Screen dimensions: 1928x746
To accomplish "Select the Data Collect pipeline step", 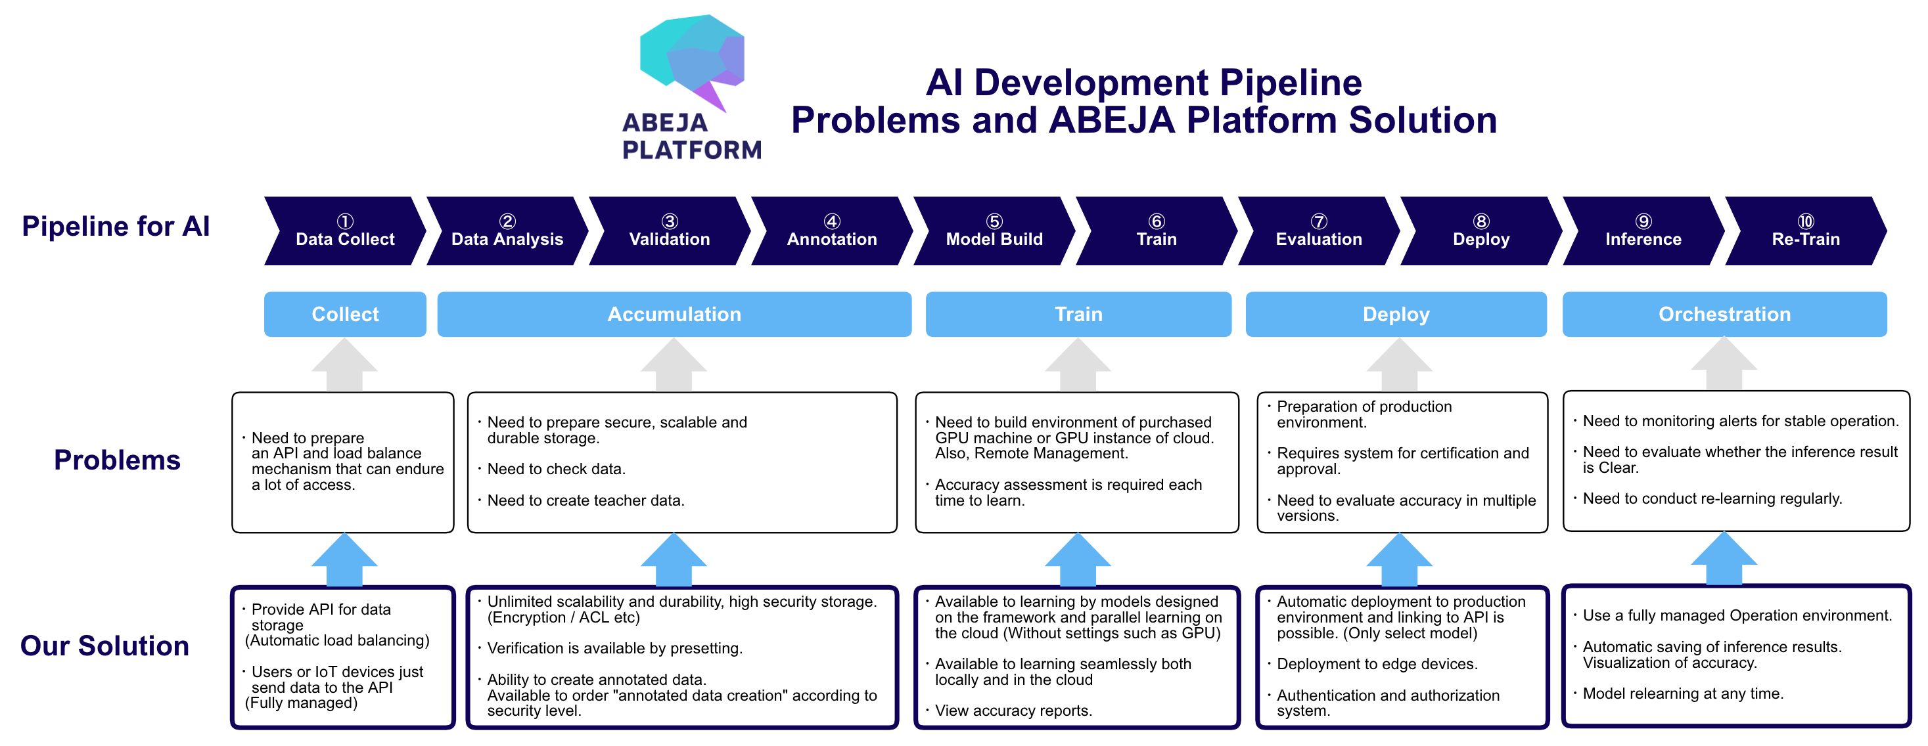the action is [345, 231].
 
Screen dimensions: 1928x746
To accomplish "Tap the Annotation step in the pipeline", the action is [831, 231].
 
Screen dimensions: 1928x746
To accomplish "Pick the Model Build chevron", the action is [994, 231].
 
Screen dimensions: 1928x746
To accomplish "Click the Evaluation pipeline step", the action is [1319, 231].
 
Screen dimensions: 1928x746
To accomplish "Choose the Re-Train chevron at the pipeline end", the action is [1805, 231].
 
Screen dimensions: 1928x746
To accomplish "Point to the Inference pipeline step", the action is [1643, 231].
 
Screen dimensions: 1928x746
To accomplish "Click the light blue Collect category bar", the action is [345, 315].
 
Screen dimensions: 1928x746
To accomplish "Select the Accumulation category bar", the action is [674, 315].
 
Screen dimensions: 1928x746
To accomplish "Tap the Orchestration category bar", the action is [1724, 315].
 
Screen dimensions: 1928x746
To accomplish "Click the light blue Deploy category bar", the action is [1396, 315].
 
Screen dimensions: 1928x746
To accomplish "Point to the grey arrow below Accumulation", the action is [674, 364].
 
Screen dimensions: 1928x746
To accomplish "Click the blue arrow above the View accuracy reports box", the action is [1078, 559].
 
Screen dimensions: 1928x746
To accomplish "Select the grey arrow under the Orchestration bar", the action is [1724, 364].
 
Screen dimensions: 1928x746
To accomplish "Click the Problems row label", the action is [118, 460].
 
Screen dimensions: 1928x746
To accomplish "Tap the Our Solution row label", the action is [104, 646].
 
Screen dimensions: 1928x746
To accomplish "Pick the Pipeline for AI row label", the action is [116, 226].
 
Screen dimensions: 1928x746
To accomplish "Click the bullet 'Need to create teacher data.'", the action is [581, 500].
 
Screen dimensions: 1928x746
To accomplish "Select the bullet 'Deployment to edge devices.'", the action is [1372, 665].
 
